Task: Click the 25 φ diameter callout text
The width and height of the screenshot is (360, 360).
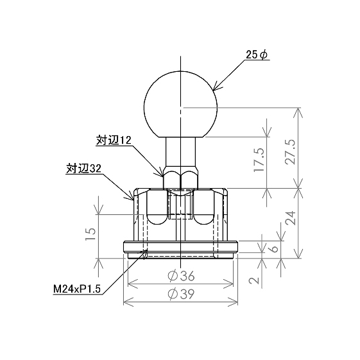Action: [257, 55]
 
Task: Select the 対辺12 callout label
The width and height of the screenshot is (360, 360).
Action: [114, 141]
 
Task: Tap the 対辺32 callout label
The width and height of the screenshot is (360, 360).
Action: [84, 169]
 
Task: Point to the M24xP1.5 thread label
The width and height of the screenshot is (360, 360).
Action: [77, 289]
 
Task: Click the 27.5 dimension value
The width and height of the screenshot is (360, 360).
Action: [291, 151]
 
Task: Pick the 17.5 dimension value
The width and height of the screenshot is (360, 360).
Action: [259, 160]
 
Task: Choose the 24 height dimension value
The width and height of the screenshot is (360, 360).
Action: [291, 218]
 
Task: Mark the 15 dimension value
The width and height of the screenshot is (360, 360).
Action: [90, 234]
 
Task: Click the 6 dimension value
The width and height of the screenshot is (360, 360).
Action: [275, 249]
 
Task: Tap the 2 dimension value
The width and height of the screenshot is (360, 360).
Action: [254, 280]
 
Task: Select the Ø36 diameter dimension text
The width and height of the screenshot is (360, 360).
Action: [181, 276]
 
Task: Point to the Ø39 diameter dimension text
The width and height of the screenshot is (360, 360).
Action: [181, 294]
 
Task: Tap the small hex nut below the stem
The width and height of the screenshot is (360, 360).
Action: [180, 180]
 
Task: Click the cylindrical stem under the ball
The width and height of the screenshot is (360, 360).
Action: [181, 153]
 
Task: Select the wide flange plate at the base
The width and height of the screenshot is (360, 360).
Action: [180, 247]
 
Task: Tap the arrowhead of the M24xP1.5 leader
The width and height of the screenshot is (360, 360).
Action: [144, 253]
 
